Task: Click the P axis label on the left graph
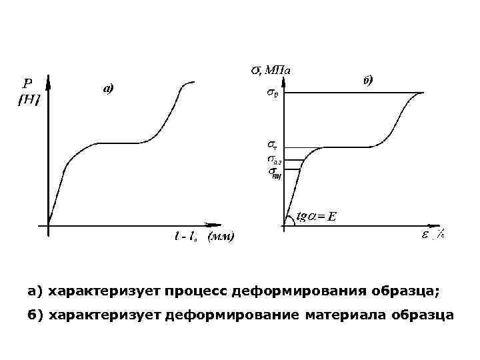tap(27, 84)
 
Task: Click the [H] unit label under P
tap(28, 99)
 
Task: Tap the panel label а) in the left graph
tap(108, 88)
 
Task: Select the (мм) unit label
tap(221, 237)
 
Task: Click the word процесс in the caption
tap(213, 291)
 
